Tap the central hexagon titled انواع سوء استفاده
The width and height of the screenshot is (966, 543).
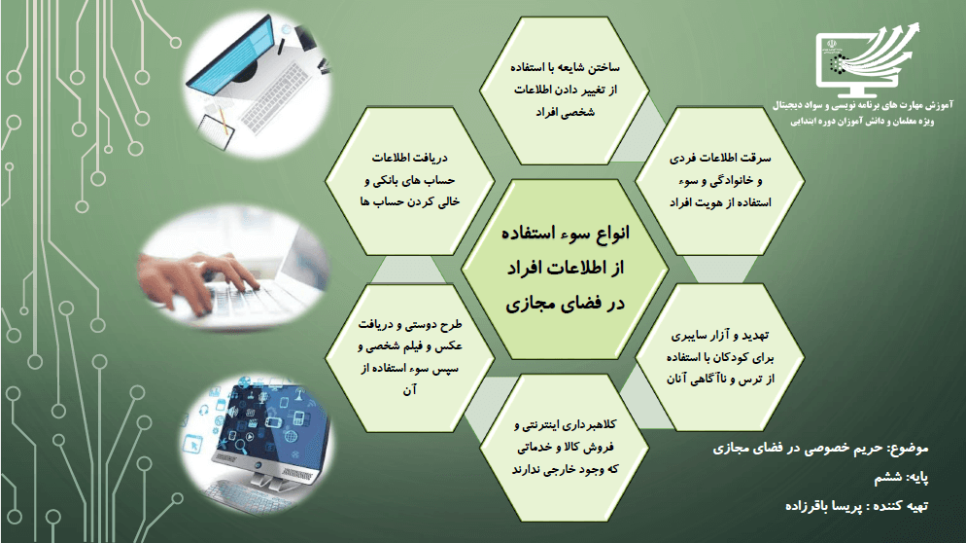[x=565, y=269]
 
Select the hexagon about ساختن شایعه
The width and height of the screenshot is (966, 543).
[x=565, y=90]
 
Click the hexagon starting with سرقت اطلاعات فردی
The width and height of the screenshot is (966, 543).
[x=719, y=181]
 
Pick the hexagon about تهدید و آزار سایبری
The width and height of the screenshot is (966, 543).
[x=719, y=358]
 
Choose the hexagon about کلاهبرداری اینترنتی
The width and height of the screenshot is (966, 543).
[x=565, y=448]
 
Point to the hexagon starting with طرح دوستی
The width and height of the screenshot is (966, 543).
[x=410, y=358]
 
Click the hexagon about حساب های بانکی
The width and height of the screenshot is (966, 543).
[x=410, y=181]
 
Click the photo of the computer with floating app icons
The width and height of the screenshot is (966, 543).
[x=259, y=438]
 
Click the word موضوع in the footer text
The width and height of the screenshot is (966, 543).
[x=908, y=449]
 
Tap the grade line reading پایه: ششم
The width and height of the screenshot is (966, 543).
[x=901, y=478]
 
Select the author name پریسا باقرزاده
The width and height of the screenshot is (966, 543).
[x=824, y=506]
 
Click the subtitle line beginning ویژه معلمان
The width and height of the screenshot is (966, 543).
[x=863, y=122]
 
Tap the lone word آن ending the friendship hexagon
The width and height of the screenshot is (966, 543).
[x=410, y=390]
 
